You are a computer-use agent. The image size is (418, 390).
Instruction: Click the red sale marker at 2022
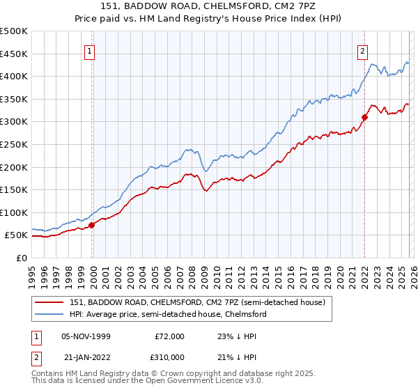(364, 117)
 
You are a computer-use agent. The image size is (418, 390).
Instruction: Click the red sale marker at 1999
(92, 225)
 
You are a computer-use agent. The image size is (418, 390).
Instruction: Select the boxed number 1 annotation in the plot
(91, 50)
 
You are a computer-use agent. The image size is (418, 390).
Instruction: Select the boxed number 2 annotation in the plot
(364, 50)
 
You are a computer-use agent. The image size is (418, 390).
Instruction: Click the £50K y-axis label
(17, 235)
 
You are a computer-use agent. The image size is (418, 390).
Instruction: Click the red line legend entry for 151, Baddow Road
(197, 302)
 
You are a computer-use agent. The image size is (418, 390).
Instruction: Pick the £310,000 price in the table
(169, 357)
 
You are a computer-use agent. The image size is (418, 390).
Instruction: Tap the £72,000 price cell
(169, 336)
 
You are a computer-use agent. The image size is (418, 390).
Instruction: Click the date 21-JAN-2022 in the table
(86, 357)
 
